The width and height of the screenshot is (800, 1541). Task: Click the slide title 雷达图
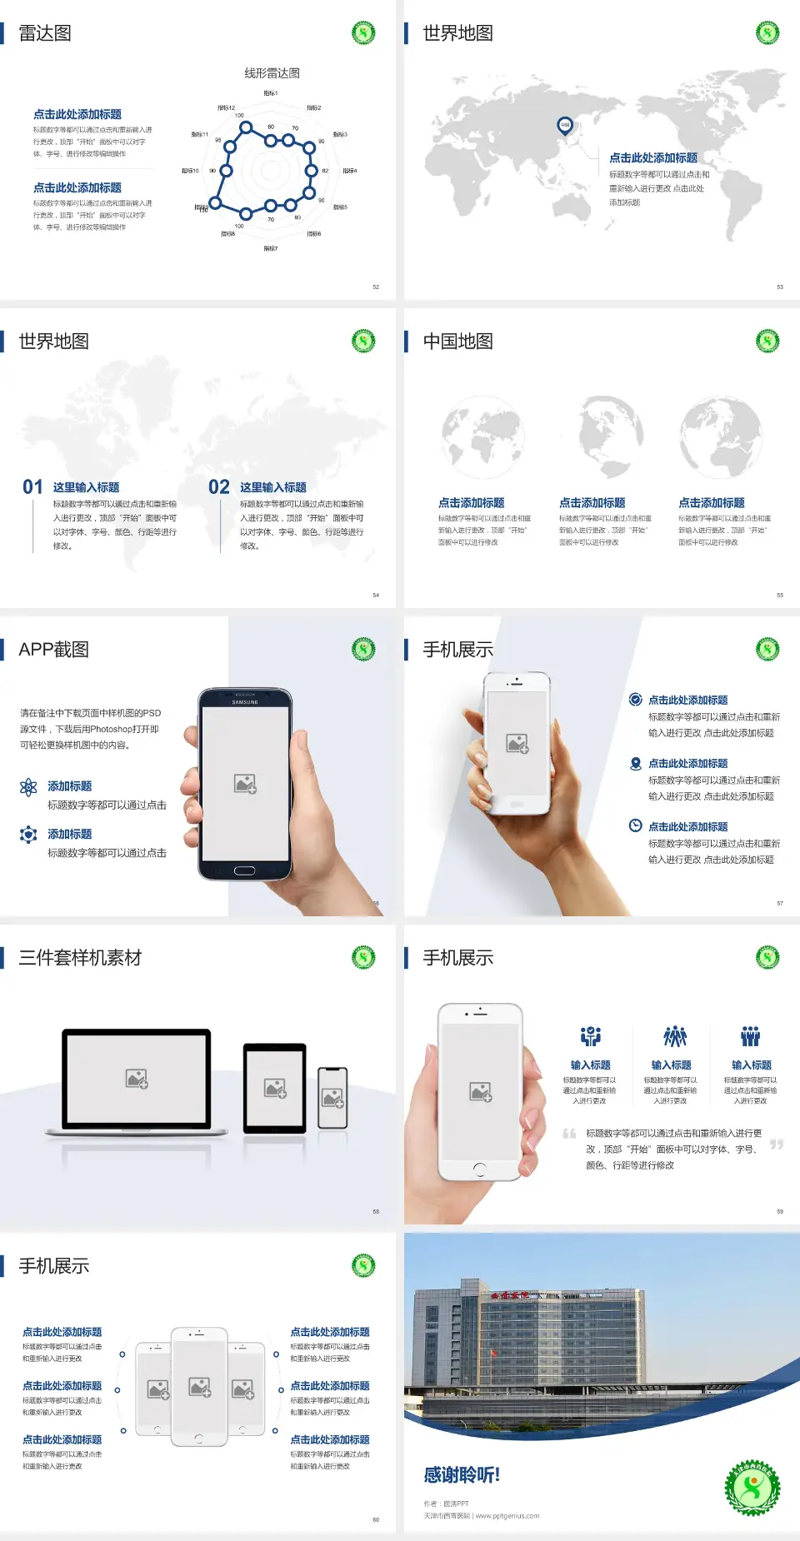click(45, 33)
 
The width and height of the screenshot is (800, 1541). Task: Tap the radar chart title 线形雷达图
click(272, 73)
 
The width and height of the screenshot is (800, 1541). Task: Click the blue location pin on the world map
click(565, 126)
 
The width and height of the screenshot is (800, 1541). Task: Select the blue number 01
click(32, 487)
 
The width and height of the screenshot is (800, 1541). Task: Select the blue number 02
click(219, 487)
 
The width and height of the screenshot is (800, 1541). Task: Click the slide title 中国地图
click(457, 342)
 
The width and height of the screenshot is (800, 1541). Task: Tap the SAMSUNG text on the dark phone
click(245, 702)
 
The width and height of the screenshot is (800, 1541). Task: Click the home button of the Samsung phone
click(244, 870)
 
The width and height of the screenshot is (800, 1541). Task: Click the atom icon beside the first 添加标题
click(28, 787)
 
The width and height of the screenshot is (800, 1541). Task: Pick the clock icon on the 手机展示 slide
click(635, 825)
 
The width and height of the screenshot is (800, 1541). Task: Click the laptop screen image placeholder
click(137, 1079)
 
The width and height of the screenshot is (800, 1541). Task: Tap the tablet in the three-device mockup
click(275, 1087)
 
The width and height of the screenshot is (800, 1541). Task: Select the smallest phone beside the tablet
click(332, 1098)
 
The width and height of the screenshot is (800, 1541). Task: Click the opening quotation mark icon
click(569, 1134)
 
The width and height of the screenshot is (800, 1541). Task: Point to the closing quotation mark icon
click(777, 1145)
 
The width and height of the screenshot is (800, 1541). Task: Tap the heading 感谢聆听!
click(462, 1475)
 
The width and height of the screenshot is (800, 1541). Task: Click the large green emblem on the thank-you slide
click(752, 1487)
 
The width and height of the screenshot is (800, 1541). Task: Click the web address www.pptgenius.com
click(507, 1516)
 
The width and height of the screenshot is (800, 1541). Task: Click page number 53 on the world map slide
click(780, 287)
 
